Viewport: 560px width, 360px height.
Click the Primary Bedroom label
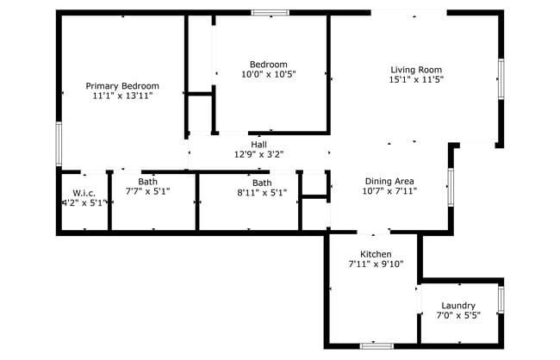pyautogui.click(x=122, y=85)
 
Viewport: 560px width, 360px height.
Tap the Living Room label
pyautogui.click(x=416, y=70)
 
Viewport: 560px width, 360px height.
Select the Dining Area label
pyautogui.click(x=389, y=181)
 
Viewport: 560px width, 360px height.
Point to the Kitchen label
pyautogui.click(x=376, y=254)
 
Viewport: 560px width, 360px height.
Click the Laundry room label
pyautogui.click(x=458, y=306)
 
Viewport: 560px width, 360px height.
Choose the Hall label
pyautogui.click(x=258, y=144)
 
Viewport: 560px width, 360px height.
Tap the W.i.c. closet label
pyautogui.click(x=84, y=192)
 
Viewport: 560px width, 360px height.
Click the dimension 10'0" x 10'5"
pyautogui.click(x=268, y=75)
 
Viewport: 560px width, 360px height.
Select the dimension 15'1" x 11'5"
pyautogui.click(x=416, y=80)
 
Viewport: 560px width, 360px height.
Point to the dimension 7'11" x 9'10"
pyautogui.click(x=376, y=264)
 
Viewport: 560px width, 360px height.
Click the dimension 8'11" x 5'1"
pyautogui.click(x=262, y=193)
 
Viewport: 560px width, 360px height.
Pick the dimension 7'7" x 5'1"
pyautogui.click(x=148, y=192)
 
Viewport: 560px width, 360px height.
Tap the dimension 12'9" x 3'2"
pyautogui.click(x=258, y=154)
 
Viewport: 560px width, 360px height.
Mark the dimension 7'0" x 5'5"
pyautogui.click(x=458, y=316)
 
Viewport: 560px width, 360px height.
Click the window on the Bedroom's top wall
pyautogui.click(x=269, y=13)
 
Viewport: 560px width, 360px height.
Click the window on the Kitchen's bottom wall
pyautogui.click(x=376, y=345)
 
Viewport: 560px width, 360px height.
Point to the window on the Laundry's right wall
pyautogui.click(x=501, y=300)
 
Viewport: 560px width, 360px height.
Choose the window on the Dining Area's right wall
pyautogui.click(x=450, y=187)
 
